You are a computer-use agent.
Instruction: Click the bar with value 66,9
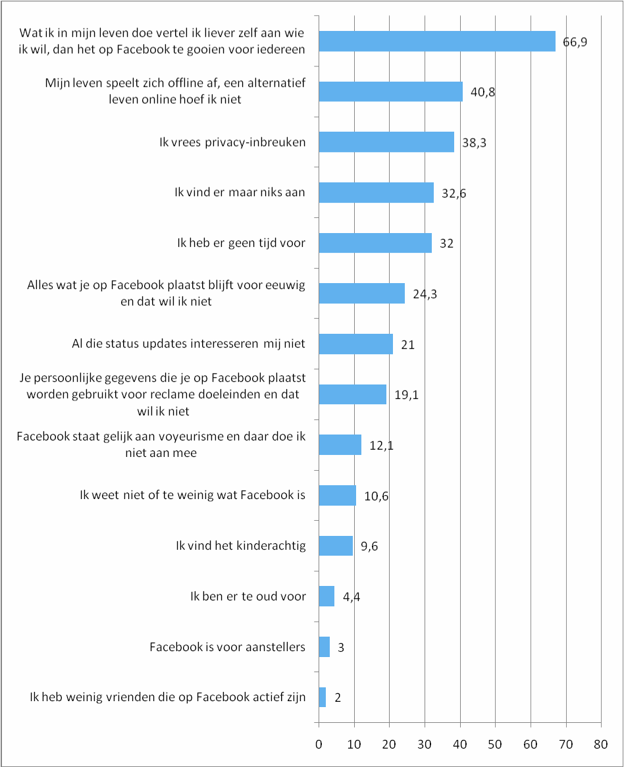click(x=437, y=41)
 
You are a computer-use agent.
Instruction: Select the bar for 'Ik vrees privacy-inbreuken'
click(x=386, y=142)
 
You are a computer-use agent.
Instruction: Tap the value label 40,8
click(x=483, y=92)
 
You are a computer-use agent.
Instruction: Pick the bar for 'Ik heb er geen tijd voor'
click(x=375, y=243)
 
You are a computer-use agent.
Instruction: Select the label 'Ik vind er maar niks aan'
click(x=240, y=192)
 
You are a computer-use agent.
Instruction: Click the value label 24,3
click(x=425, y=294)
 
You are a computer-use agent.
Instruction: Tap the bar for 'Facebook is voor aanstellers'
click(x=324, y=647)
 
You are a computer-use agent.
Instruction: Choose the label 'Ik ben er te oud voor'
click(x=247, y=596)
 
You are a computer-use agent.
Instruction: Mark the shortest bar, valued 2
click(x=322, y=697)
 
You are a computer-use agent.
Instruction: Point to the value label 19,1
click(x=407, y=394)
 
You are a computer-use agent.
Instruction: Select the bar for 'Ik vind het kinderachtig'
click(x=336, y=546)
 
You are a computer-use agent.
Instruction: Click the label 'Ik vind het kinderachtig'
click(x=240, y=546)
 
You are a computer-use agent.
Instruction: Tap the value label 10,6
click(x=377, y=496)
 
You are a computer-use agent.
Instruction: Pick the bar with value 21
click(x=355, y=344)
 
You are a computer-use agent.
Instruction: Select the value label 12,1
click(x=382, y=445)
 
